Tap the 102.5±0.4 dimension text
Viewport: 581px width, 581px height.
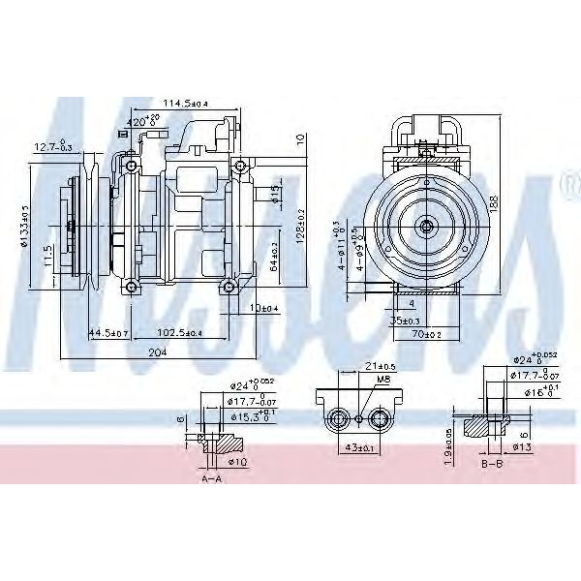(180, 332)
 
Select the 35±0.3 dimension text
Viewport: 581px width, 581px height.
(406, 319)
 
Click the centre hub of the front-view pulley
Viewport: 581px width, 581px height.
(425, 225)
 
